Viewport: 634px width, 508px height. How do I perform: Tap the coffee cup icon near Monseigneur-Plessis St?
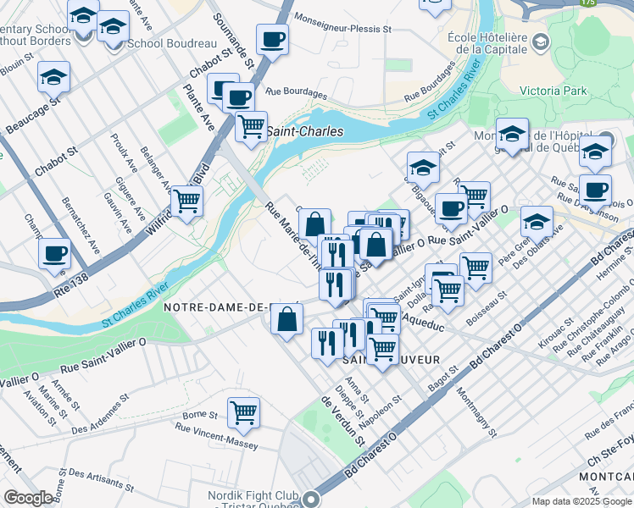pyautogui.click(x=272, y=40)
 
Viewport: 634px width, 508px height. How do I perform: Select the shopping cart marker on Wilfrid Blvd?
pyautogui.click(x=186, y=202)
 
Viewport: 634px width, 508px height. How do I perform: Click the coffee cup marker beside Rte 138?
pyautogui.click(x=55, y=254)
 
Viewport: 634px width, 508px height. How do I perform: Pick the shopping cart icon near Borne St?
pyautogui.click(x=243, y=413)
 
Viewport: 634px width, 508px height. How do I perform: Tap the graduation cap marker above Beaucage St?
pyautogui.click(x=53, y=78)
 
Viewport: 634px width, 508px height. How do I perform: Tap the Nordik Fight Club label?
pyautogui.click(x=254, y=496)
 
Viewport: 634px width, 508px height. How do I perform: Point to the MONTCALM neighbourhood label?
pyautogui.click(x=603, y=478)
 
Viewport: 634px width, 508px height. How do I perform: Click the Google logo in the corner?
pyautogui.click(x=28, y=498)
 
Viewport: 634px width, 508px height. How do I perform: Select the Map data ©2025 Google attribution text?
pyautogui.click(x=581, y=501)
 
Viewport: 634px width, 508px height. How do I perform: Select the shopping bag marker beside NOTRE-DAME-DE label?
pyautogui.click(x=287, y=320)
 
